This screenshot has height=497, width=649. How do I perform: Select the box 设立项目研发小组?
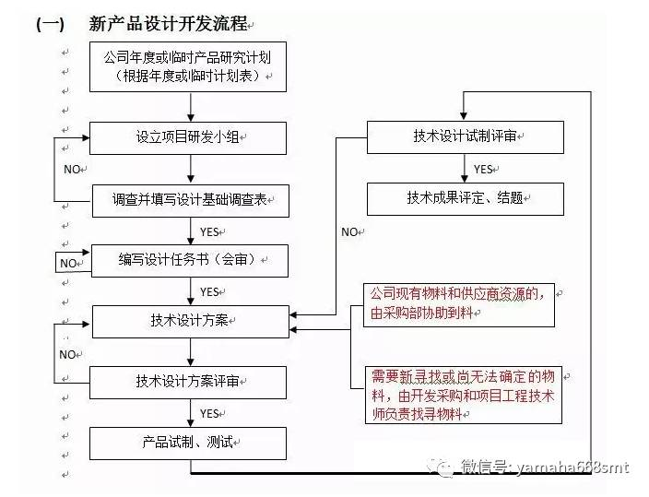pos(188,137)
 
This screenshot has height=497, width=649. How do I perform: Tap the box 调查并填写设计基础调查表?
pos(190,199)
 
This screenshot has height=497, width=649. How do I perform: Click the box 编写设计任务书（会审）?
pos(189,261)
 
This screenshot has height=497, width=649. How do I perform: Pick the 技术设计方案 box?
pos(189,321)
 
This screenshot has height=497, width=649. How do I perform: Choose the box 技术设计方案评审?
pos(189,381)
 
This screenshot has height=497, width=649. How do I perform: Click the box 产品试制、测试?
pos(189,442)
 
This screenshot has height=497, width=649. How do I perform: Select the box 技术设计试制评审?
pos(465,137)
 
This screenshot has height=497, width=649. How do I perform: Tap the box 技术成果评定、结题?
pos(465,197)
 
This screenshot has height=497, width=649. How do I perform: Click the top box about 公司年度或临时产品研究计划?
pos(188,66)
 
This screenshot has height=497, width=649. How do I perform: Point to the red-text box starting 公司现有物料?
pos(459,303)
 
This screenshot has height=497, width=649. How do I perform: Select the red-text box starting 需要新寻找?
pos(464,395)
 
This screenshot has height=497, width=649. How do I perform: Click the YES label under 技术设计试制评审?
pos(483,169)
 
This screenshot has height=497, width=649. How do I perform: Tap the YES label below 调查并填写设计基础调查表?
pos(209,231)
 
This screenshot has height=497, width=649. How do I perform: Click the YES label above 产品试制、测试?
pos(209,413)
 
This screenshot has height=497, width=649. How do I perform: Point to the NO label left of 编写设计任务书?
pos(68,263)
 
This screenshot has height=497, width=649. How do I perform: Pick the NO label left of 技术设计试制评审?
pos(349,231)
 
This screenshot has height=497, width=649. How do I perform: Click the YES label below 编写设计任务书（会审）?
pos(209,291)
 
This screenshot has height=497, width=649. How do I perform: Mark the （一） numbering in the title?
pos(50,25)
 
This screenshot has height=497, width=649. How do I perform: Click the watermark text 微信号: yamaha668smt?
pos(543,467)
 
